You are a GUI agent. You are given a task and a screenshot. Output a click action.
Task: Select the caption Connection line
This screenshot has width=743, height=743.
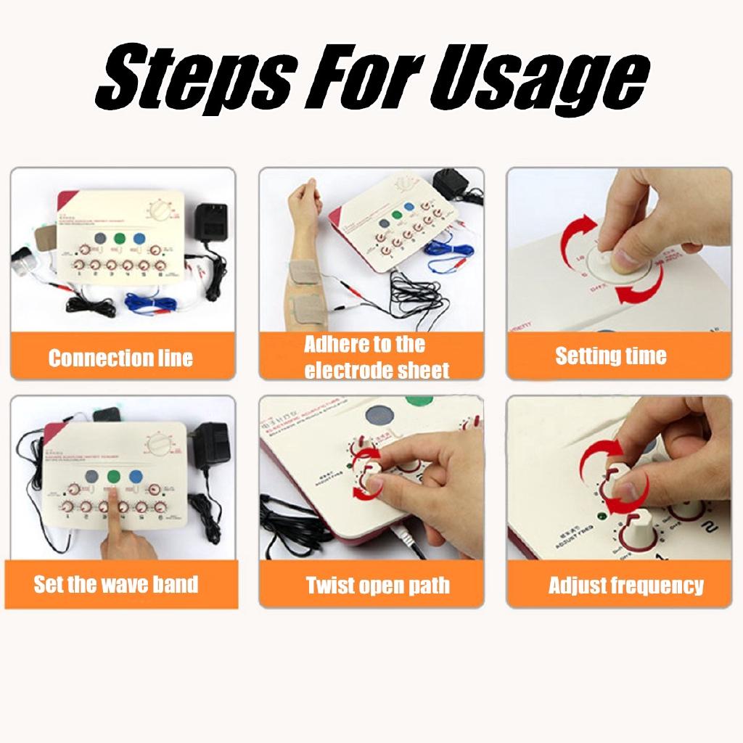pos(120,358)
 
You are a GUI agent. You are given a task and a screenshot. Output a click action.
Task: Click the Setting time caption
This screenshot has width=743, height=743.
pos(611,356)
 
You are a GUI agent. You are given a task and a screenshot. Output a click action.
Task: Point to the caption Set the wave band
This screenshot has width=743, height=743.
pos(116,584)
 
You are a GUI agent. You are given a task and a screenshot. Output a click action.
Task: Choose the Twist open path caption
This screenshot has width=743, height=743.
pos(377,586)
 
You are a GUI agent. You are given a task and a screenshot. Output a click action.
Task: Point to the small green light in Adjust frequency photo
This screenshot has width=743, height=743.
pos(601,517)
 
